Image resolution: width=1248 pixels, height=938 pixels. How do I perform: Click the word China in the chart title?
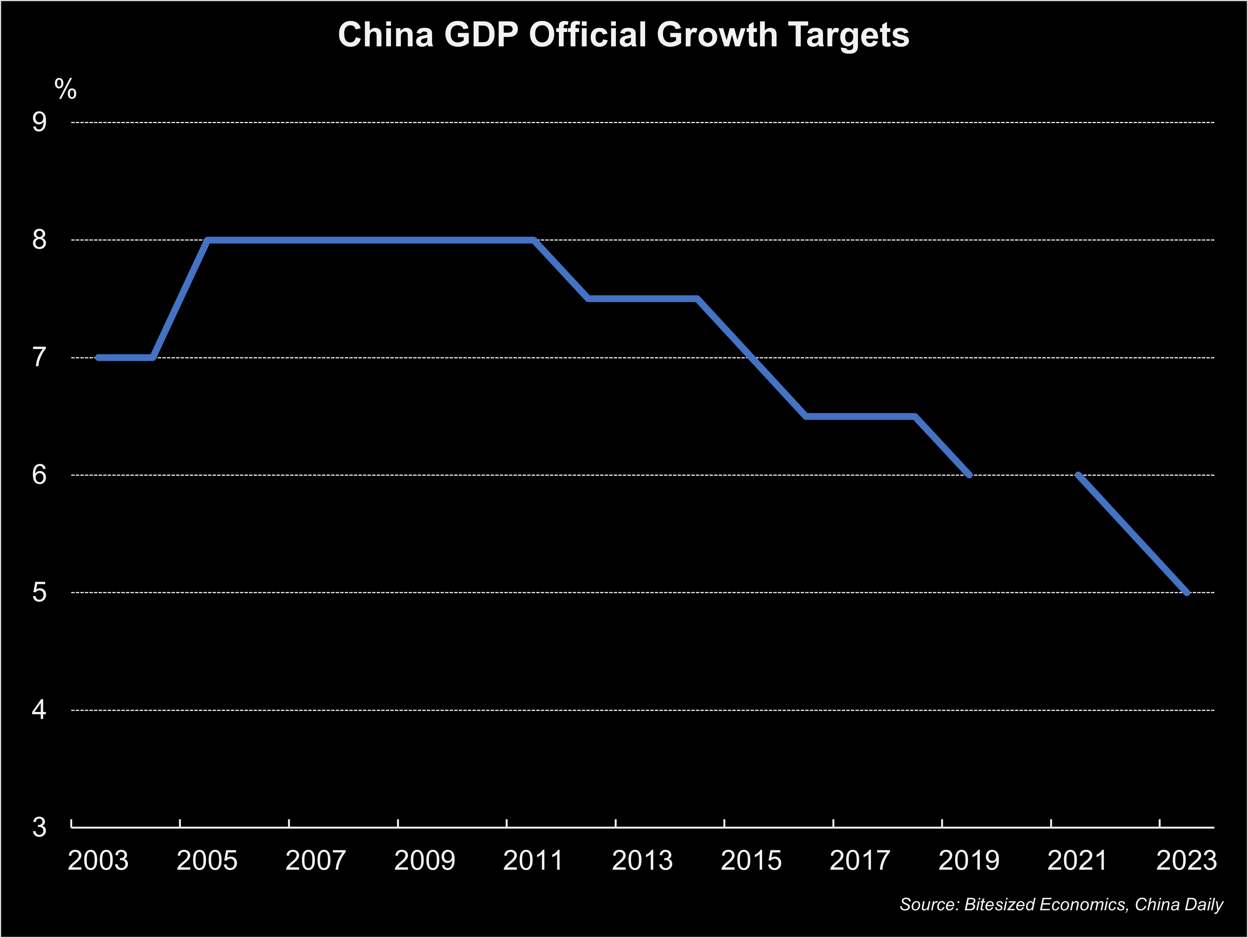point(385,35)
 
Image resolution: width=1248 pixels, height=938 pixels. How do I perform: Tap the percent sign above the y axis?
point(65,89)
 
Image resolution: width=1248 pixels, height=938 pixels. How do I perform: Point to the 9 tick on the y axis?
point(40,122)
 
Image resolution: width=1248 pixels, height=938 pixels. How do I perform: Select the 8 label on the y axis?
point(40,240)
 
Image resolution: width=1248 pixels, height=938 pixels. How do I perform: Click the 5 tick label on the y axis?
point(40,592)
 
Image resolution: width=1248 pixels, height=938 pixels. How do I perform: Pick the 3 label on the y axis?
point(40,827)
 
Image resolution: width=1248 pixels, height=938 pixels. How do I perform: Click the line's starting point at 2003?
point(98,357)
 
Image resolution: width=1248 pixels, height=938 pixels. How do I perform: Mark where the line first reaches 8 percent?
point(208,240)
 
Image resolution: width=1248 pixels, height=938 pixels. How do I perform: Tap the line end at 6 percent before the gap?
point(969,475)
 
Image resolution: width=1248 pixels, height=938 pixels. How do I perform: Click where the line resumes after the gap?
point(1078,475)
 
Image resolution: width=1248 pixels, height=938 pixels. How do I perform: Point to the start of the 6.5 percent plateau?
point(806,416)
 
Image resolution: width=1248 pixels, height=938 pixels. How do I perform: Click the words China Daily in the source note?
point(1178,905)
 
